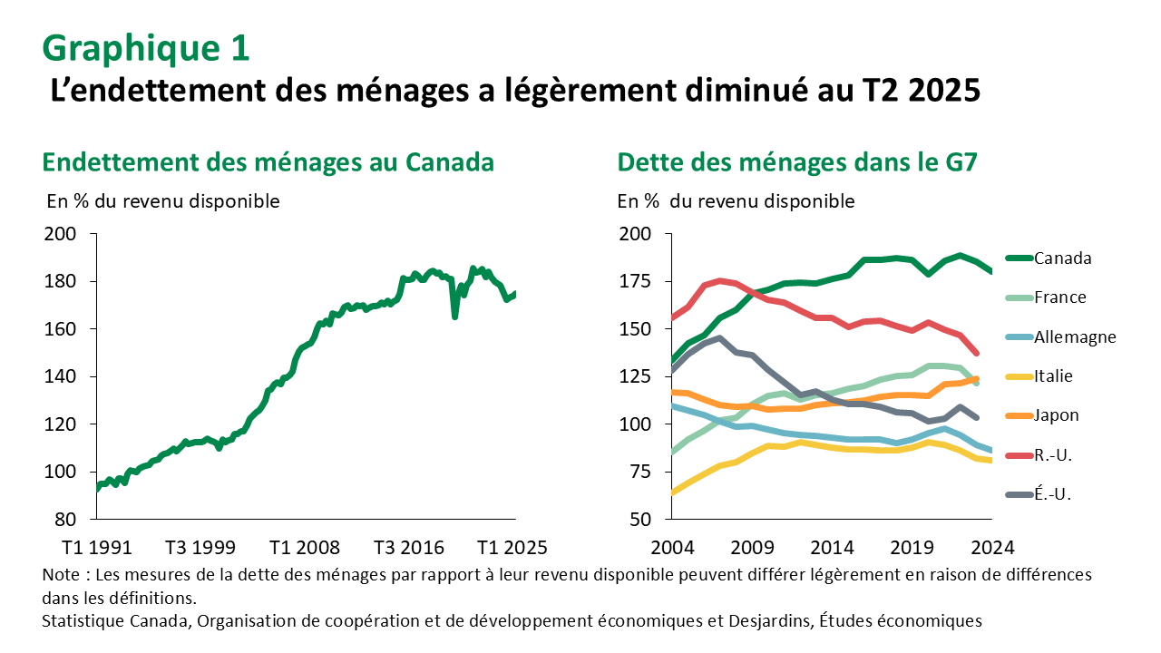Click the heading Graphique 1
(x=146, y=48)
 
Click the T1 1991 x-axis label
(x=97, y=548)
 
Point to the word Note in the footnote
(x=60, y=575)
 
